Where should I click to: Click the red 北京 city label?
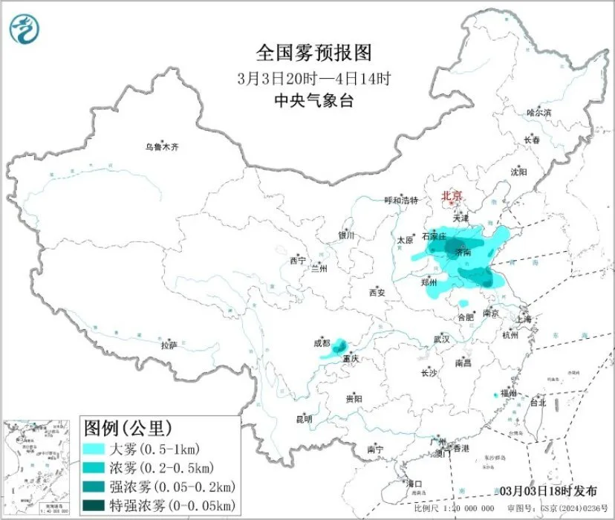pos(452,196)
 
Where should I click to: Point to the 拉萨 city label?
pos(169,345)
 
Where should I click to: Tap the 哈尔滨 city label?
pos(539,113)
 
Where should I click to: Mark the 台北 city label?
pos(537,403)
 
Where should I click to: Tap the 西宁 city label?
pos(298,261)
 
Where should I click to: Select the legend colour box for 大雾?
pos(94,449)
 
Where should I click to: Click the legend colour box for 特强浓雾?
pos(94,505)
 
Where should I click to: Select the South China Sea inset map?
pos(37,464)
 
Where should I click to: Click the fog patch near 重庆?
pos(338,347)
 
